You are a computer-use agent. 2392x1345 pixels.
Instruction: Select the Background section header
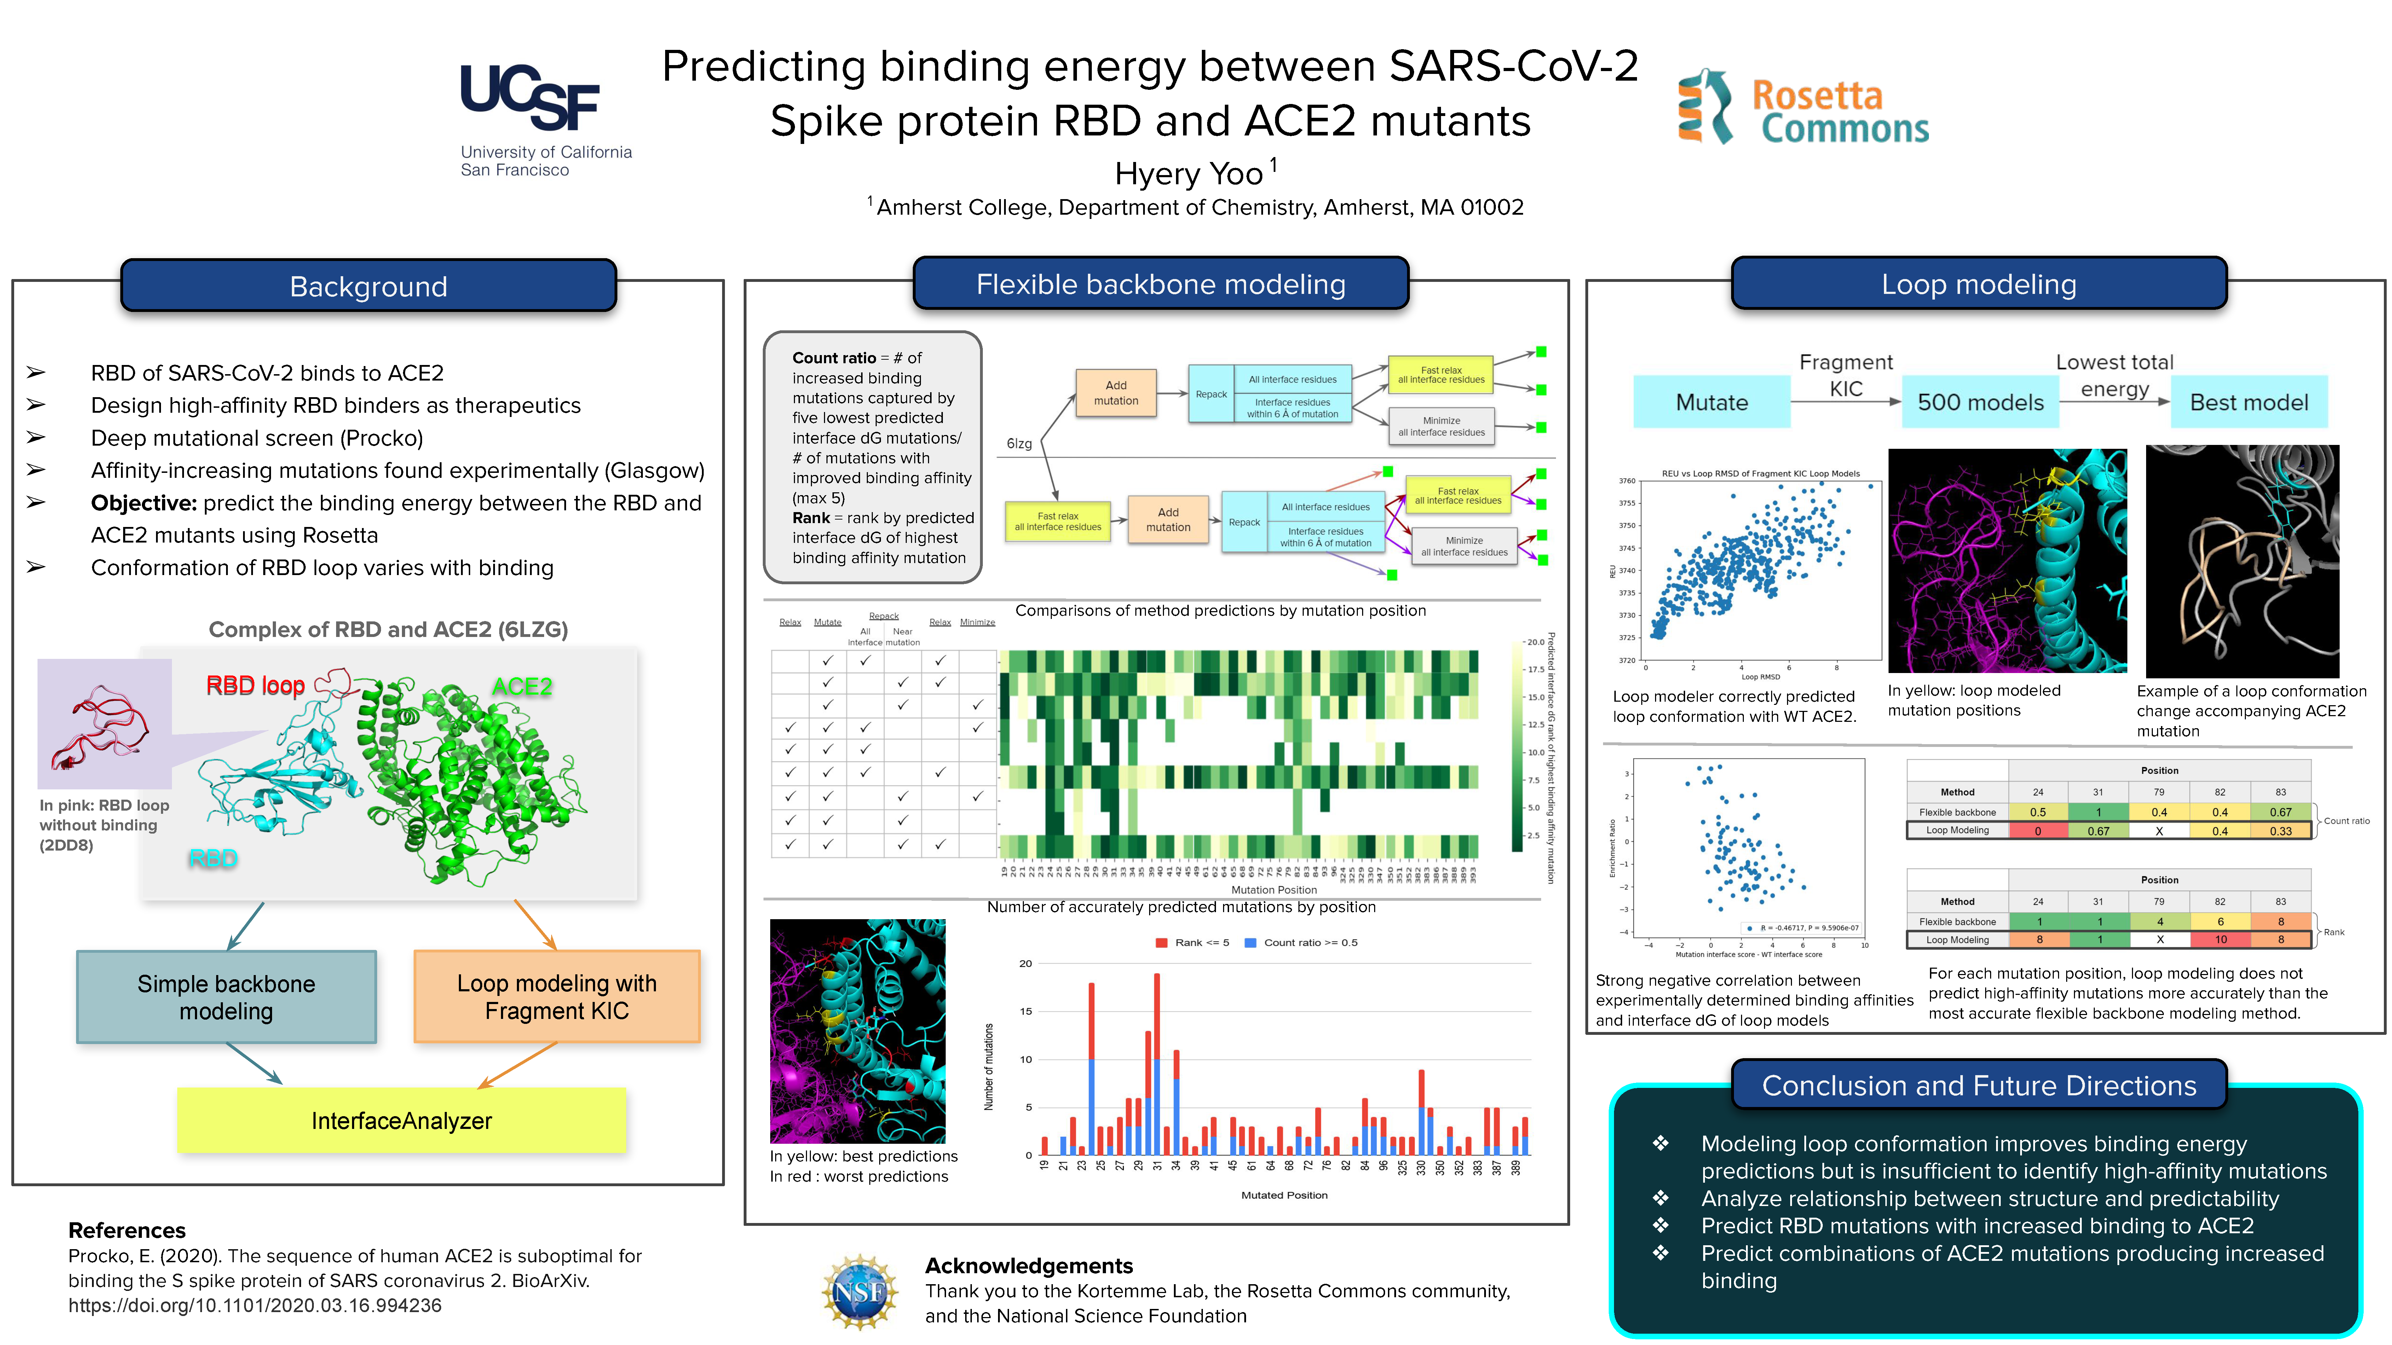[369, 286]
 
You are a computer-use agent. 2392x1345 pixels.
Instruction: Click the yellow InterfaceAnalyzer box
[401, 1120]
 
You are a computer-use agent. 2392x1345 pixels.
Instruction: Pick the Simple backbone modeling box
[226, 997]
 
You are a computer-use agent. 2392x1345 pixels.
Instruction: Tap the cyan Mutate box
[1711, 402]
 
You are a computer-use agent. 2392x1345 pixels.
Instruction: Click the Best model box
[2248, 402]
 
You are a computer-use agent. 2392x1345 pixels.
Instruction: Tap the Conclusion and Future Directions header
[1979, 1085]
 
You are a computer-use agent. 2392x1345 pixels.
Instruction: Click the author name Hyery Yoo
[1189, 174]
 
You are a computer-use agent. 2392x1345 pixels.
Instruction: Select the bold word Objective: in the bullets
[144, 503]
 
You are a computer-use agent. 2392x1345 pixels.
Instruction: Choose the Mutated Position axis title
[1284, 1195]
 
